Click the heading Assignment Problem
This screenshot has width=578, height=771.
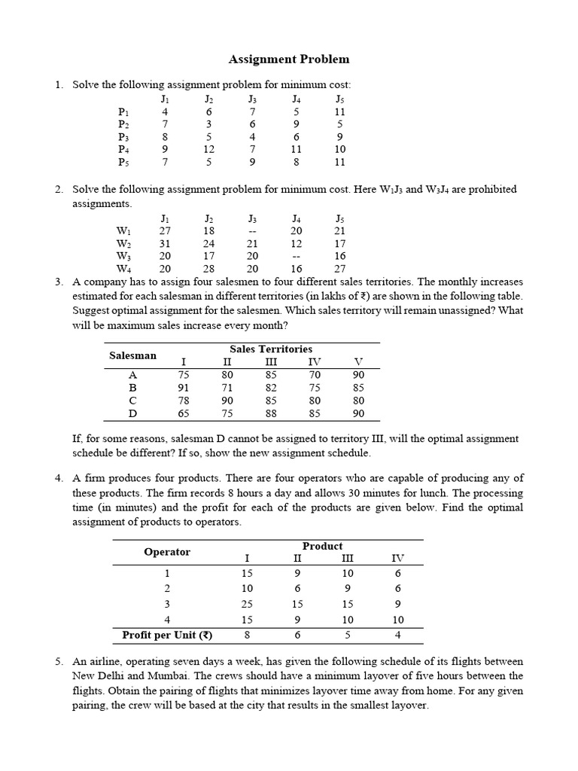pos(289,59)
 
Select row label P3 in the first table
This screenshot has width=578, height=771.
pos(123,137)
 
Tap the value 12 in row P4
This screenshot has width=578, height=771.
pos(209,150)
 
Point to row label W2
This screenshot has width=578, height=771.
pos(123,243)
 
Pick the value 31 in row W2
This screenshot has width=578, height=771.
pos(166,243)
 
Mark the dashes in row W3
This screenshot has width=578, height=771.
pos(297,256)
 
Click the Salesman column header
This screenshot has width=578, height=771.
pos(133,355)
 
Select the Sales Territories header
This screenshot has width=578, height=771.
pos(270,349)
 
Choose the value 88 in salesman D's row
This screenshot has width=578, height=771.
pos(272,413)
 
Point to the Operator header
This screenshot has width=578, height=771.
pos(167,552)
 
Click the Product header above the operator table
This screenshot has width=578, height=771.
pos(322,546)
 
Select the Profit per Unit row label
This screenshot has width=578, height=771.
pos(167,635)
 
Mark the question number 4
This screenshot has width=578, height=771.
pos(59,478)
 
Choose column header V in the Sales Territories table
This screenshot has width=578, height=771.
pos(358,361)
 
